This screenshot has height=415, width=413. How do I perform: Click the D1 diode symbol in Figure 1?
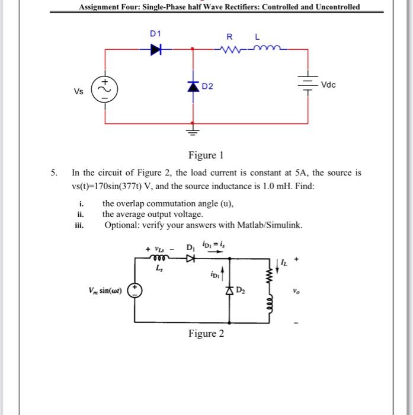[155, 50]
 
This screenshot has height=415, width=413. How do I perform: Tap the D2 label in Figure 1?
[207, 87]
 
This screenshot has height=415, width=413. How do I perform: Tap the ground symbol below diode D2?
[193, 129]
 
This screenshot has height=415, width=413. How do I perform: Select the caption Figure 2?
[206, 333]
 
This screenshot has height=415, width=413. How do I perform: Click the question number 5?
[53, 173]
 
